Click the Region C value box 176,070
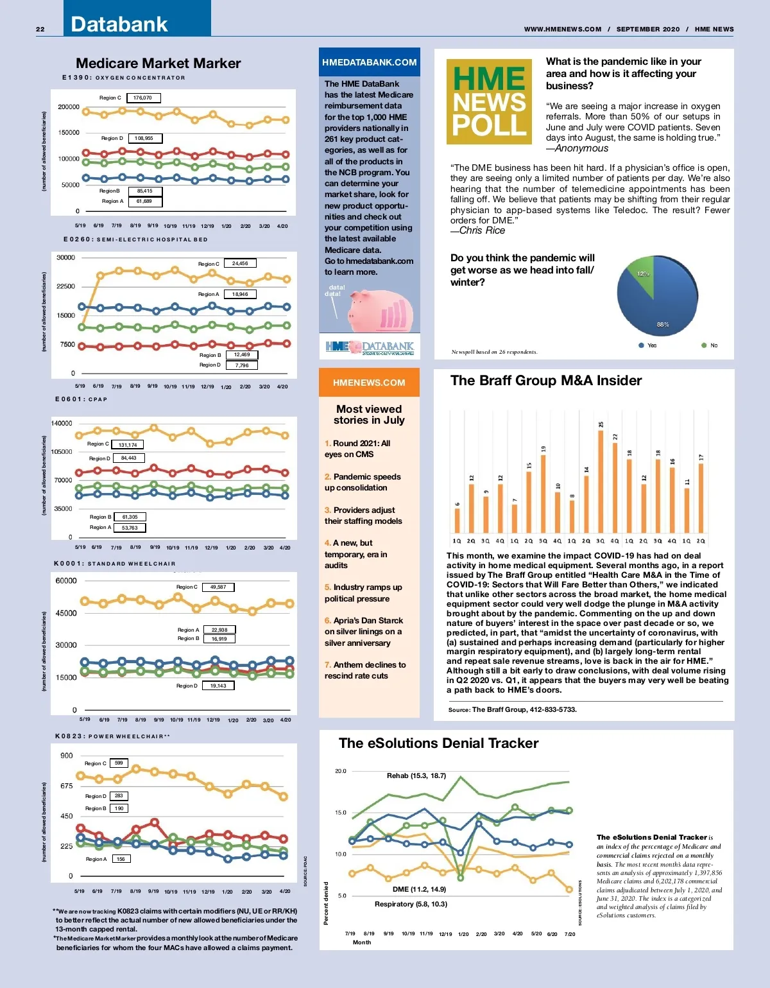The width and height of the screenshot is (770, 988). click(x=143, y=98)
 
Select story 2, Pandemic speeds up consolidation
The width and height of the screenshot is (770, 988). click(x=363, y=482)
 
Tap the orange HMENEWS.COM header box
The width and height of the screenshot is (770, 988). click(x=369, y=383)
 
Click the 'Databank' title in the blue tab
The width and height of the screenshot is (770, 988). click(x=119, y=24)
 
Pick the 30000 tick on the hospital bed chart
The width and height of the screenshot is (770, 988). click(x=65, y=257)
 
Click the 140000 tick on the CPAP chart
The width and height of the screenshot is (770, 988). click(x=62, y=423)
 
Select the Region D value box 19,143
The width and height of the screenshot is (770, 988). click(x=218, y=686)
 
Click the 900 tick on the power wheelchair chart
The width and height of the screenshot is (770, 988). click(x=67, y=756)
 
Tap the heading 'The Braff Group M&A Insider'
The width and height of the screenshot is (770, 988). click(x=546, y=381)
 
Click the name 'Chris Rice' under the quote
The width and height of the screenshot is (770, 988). click(x=482, y=230)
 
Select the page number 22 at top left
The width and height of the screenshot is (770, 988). click(x=40, y=30)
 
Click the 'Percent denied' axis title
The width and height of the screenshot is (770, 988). click(x=326, y=903)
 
